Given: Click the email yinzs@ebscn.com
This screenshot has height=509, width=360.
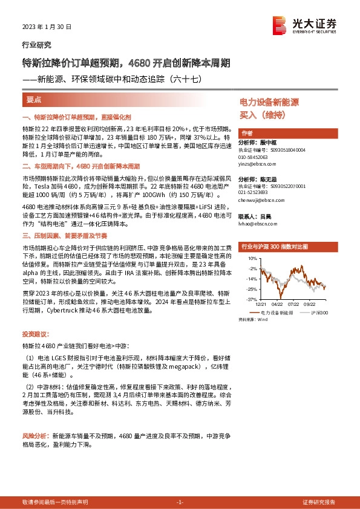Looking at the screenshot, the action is pyautogui.click(x=258, y=163).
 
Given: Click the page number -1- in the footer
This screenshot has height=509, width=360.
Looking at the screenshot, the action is pyautogui.click(x=179, y=502).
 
